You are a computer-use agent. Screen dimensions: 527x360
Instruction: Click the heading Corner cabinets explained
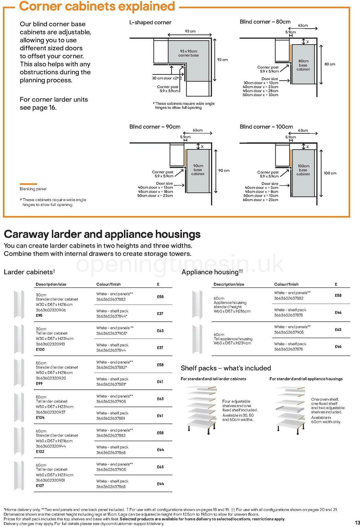coord(97,6)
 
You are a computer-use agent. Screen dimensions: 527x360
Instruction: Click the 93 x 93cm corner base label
coord(188,53)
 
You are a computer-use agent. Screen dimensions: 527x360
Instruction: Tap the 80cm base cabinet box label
coord(303,65)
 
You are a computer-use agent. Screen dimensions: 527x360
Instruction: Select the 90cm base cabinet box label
coord(198,170)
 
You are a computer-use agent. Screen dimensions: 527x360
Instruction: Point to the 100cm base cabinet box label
coord(303,170)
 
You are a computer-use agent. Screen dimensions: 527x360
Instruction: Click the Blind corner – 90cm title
coord(155,127)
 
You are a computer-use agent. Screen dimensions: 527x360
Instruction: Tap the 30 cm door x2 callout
coord(165,78)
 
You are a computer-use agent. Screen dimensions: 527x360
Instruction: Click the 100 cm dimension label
coord(330,173)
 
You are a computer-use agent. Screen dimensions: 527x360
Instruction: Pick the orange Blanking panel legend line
coord(28,184)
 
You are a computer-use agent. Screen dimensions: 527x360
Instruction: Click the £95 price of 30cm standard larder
coord(39,315)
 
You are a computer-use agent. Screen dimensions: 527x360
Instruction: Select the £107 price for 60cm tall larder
coord(40,486)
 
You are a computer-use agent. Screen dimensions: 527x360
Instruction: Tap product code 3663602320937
coord(50,412)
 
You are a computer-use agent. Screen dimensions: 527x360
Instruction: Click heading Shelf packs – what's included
coord(226,368)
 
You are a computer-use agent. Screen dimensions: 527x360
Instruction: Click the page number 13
coord(356,522)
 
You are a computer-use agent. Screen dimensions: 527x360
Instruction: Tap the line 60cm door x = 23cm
coord(260,200)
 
